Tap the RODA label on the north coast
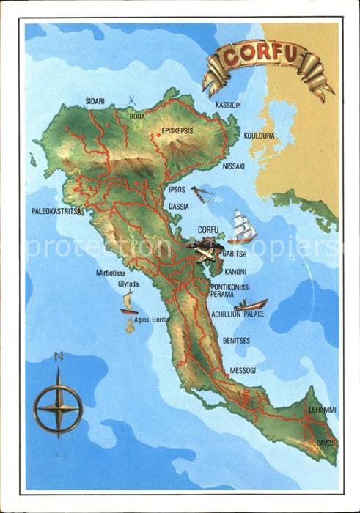137,116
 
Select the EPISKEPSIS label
176,133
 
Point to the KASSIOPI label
228,106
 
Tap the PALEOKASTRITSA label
56,211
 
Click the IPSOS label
177,189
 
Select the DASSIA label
178,207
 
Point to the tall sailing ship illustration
241,226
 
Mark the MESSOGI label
242,370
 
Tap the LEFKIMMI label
322,410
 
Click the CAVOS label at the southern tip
326,443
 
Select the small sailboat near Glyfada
129,302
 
